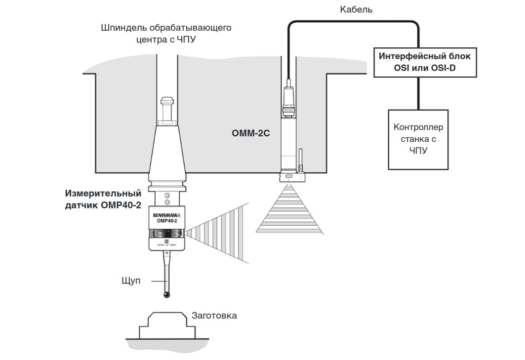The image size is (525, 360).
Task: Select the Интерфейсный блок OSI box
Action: pyautogui.click(x=425, y=62)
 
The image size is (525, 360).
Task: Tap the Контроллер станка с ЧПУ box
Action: pyautogui.click(x=418, y=139)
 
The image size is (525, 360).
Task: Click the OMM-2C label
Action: pyautogui.click(x=251, y=133)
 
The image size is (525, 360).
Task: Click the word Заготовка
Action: pyautogui.click(x=214, y=315)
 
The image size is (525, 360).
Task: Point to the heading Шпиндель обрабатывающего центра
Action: pyautogui.click(x=166, y=33)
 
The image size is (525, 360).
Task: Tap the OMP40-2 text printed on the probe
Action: pyautogui.click(x=167, y=221)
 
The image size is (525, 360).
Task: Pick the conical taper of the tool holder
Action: pyautogui.click(x=167, y=151)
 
